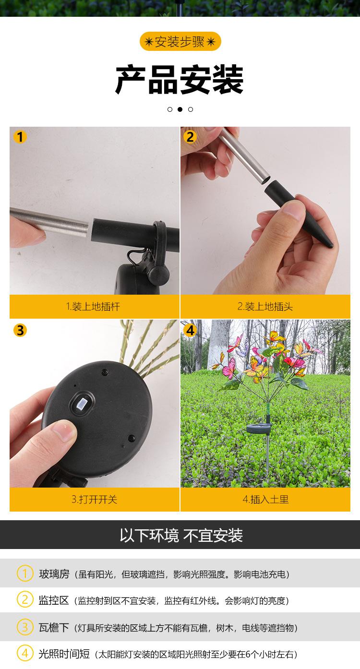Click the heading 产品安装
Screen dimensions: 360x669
click(180, 80)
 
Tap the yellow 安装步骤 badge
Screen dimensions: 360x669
click(180, 41)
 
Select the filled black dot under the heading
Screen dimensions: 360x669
click(180, 109)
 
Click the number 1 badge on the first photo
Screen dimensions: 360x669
click(20, 137)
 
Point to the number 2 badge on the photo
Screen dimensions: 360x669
click(190, 137)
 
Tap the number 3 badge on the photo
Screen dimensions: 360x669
click(20, 330)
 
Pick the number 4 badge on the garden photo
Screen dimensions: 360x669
click(190, 330)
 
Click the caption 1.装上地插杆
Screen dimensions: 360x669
click(93, 307)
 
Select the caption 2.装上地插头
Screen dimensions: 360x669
click(265, 307)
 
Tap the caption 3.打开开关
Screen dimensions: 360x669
click(94, 500)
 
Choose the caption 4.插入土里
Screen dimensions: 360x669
click(265, 500)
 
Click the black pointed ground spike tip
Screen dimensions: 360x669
click(330, 244)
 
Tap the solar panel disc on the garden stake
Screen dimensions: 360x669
click(259, 428)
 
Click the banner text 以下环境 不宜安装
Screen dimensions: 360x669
click(181, 536)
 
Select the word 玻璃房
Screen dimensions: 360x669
click(54, 573)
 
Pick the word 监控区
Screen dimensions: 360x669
click(54, 600)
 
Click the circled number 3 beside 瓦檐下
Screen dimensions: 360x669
click(25, 627)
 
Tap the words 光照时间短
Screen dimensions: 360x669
click(64, 654)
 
